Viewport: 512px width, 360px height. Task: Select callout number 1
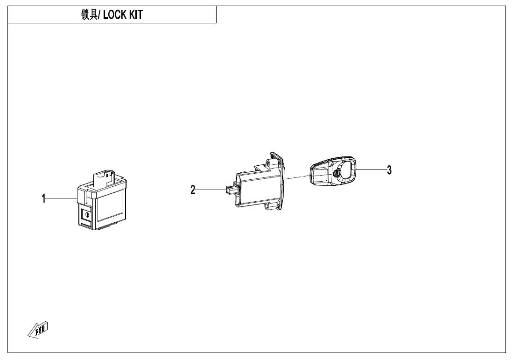pos(44,198)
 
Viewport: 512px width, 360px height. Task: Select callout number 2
pos(193,190)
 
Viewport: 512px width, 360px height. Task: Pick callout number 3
pos(389,170)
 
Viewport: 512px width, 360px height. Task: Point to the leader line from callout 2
pos(210,189)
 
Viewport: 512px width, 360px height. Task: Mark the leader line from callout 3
pos(371,169)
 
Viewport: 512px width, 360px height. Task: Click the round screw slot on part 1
pos(87,214)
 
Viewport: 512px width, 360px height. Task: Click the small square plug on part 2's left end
pos(228,189)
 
